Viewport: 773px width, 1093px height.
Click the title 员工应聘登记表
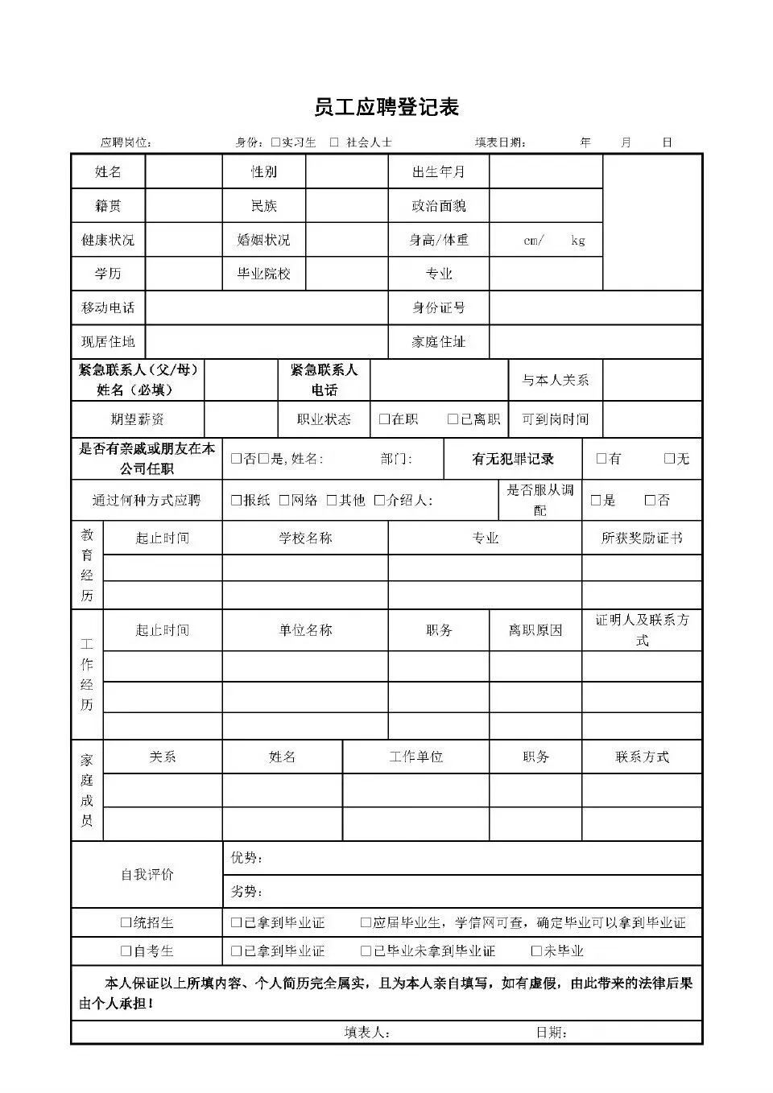click(386, 107)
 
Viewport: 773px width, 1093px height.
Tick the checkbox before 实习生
click(275, 142)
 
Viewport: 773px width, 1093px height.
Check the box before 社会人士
click(334, 142)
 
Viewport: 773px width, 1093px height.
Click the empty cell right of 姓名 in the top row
click(184, 171)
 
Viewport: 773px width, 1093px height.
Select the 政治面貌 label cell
click(438, 206)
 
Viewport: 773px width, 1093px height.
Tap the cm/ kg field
click(545, 240)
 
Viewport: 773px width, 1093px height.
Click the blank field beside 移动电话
click(266, 307)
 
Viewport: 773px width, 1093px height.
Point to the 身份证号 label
click(438, 307)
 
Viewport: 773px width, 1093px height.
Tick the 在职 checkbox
click(384, 419)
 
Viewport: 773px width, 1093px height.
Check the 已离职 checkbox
click(453, 419)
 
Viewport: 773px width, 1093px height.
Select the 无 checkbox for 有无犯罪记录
click(669, 459)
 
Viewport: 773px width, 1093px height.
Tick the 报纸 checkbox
click(236, 501)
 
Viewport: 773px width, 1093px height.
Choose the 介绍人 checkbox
click(379, 501)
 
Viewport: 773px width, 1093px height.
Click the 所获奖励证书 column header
click(642, 538)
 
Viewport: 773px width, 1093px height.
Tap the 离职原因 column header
click(535, 630)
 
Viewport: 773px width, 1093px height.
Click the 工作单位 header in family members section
click(415, 757)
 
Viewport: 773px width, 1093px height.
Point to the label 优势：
click(246, 858)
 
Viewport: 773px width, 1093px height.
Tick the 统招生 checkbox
click(126, 923)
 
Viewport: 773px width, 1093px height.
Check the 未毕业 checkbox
click(536, 951)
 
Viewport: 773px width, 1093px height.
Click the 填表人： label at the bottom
click(367, 1033)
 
